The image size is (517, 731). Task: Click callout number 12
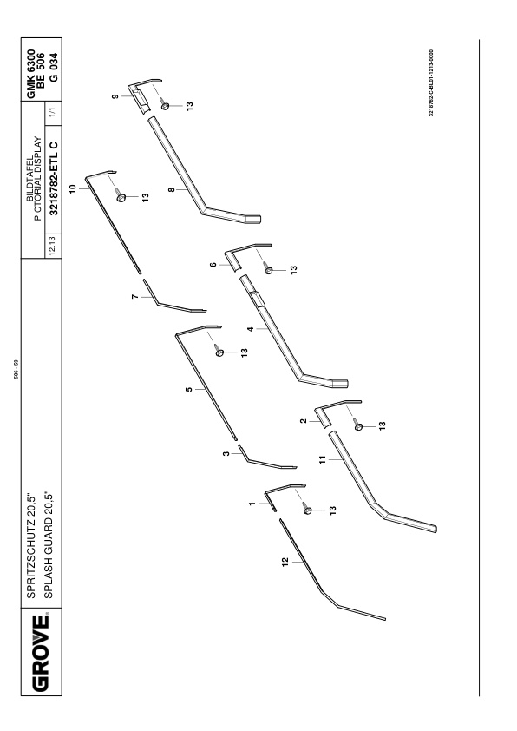(285, 561)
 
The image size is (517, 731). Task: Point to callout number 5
(188, 389)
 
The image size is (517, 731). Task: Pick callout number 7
(135, 297)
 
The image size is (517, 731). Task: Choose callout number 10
(72, 188)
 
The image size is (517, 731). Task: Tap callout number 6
(213, 265)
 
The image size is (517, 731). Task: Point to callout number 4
(251, 329)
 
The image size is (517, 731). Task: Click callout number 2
(304, 421)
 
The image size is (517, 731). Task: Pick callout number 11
(323, 459)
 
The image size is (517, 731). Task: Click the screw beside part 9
(163, 104)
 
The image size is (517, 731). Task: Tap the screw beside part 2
(357, 425)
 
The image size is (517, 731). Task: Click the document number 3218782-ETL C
(54, 179)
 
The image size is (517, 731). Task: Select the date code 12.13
(52, 246)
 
